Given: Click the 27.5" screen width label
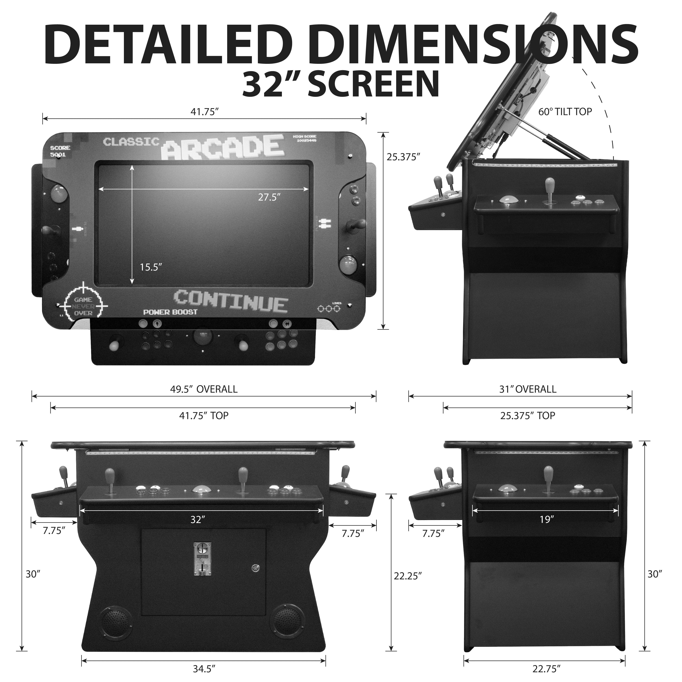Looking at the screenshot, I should click(269, 197).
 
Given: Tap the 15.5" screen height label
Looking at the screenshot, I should click(151, 267).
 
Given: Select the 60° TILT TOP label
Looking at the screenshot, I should click(565, 112).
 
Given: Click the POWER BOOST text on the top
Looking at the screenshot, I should click(170, 312).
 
